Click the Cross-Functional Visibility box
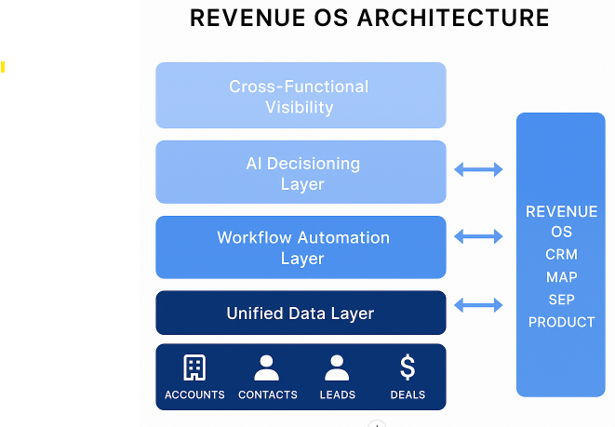click(300, 96)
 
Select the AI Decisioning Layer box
click(300, 172)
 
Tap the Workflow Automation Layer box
click(300, 247)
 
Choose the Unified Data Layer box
click(300, 313)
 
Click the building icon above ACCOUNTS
click(194, 368)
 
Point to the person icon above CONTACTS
click(267, 368)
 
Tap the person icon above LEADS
click(337, 368)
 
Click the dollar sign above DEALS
click(408, 367)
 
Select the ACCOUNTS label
click(194, 394)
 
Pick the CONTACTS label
click(268, 394)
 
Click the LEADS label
click(337, 394)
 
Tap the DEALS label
click(408, 394)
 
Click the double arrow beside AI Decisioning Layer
click(478, 169)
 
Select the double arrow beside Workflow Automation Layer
click(478, 237)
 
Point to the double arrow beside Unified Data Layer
click(478, 304)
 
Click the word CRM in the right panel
click(561, 255)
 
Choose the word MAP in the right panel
click(561, 277)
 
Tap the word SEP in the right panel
click(561, 300)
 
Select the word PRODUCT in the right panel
click(561, 322)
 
